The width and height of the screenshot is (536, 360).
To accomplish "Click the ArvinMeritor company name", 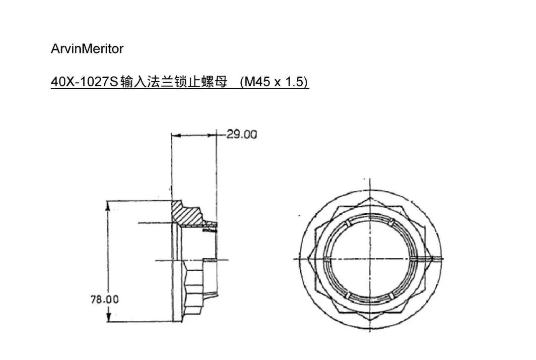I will (x=87, y=49).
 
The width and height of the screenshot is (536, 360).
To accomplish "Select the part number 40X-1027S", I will (x=84, y=82).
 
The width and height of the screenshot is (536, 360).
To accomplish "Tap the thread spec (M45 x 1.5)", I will (x=274, y=82).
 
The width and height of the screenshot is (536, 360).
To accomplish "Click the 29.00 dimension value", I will (x=242, y=134).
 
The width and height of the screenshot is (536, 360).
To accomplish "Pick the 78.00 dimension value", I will (x=104, y=300).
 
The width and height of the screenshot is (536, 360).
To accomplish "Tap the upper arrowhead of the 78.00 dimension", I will (x=109, y=204).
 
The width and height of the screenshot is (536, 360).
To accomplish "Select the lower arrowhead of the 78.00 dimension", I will (x=109, y=318).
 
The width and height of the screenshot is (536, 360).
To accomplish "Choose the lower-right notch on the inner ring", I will (x=392, y=295).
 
